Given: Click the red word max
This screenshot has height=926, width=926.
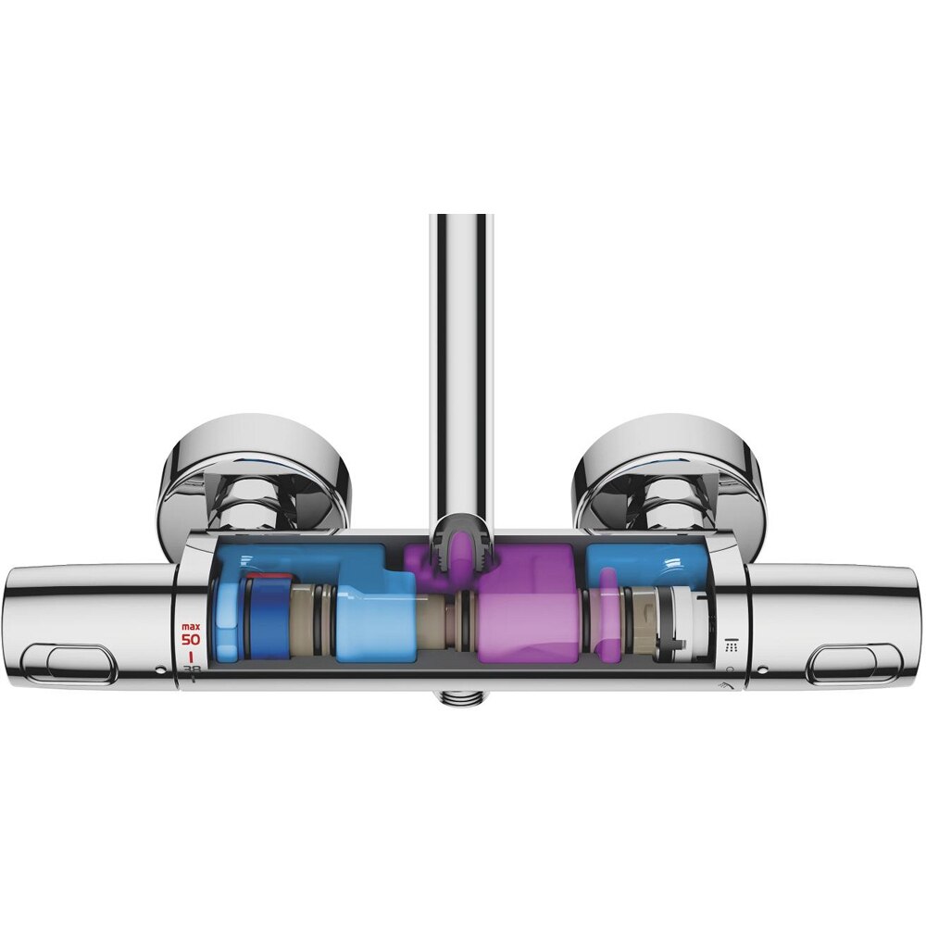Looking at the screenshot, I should [191, 626].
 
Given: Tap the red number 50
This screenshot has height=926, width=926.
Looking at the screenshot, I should [191, 639].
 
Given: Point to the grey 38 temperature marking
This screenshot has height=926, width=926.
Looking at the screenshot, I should [192, 669].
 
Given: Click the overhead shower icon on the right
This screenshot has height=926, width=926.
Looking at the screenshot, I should [731, 644].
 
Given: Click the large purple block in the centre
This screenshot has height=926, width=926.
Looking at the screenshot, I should [528, 607].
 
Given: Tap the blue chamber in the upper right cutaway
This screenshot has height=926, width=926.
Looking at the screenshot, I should [639, 565].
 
